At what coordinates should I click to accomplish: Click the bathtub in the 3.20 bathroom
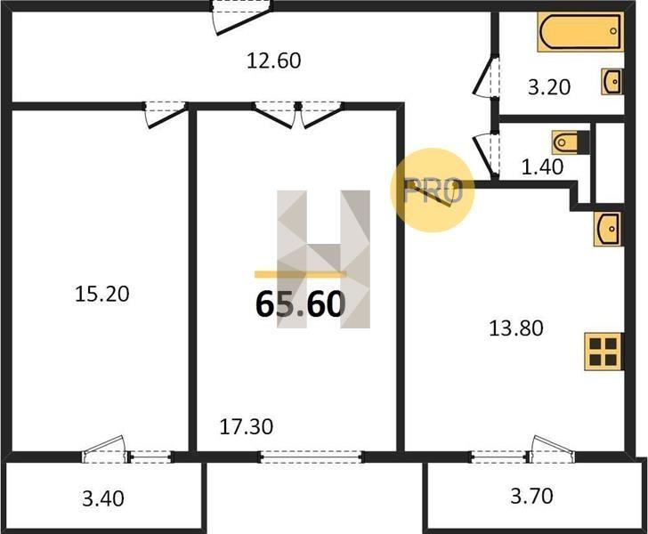click(x=580, y=32)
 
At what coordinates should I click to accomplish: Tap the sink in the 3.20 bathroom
click(x=612, y=81)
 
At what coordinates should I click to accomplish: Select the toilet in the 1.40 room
click(x=571, y=142)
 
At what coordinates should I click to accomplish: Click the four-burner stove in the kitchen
click(x=603, y=352)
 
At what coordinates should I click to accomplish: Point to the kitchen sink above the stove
click(x=608, y=229)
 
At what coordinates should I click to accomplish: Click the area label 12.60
click(x=273, y=61)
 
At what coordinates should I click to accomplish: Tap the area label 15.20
click(x=102, y=294)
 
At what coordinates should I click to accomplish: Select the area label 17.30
click(x=247, y=426)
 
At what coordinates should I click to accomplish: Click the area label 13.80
click(x=515, y=328)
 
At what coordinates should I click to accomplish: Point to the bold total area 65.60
click(x=301, y=304)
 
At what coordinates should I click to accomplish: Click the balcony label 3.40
click(x=103, y=498)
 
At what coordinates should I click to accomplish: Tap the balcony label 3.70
click(x=531, y=496)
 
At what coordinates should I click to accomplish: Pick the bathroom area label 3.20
click(x=549, y=87)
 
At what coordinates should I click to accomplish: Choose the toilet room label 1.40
click(x=542, y=167)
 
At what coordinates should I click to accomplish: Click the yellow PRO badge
click(x=433, y=190)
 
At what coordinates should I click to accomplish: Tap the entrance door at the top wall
click(x=242, y=17)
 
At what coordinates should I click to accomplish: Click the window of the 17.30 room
click(x=312, y=457)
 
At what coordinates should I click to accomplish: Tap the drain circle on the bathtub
click(x=613, y=31)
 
